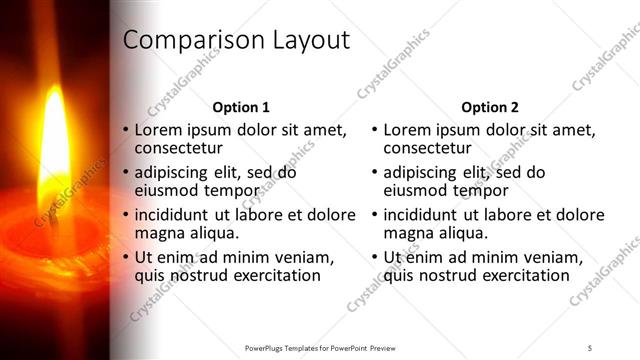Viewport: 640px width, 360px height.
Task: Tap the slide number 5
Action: (x=590, y=347)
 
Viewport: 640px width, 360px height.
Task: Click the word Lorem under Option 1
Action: (x=157, y=130)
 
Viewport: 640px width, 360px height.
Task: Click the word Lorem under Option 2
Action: (x=406, y=130)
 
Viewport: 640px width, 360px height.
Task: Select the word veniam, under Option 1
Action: (x=304, y=257)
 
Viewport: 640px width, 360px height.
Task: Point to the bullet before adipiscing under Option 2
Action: (x=375, y=172)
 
